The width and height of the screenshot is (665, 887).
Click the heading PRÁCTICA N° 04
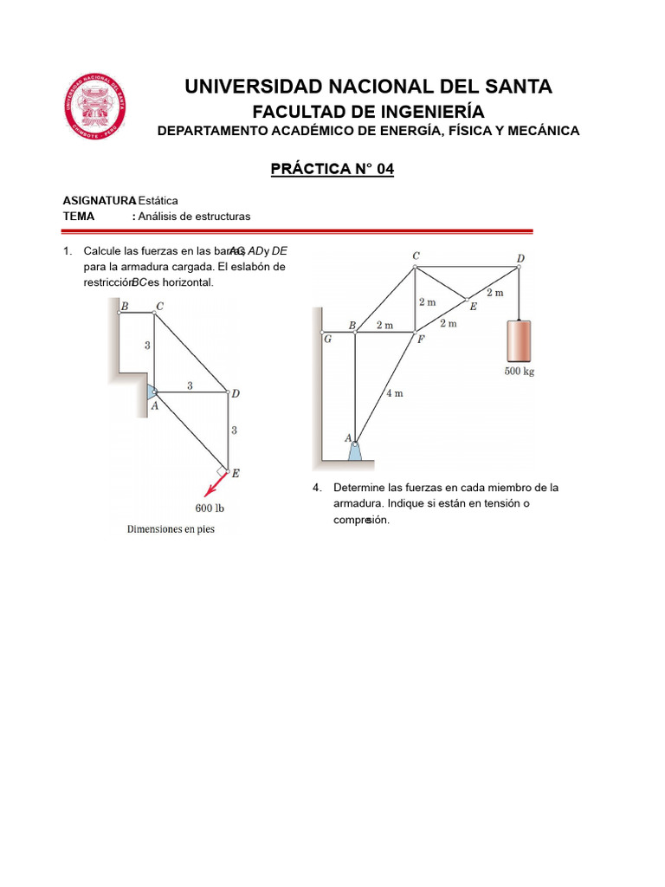click(332, 169)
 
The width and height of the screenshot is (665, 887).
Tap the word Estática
click(158, 200)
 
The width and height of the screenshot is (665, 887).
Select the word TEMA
click(79, 216)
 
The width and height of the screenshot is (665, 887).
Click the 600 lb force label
click(210, 508)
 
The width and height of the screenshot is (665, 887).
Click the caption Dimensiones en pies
click(171, 528)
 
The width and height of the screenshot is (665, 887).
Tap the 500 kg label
click(519, 373)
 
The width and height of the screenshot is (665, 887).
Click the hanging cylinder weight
click(518, 340)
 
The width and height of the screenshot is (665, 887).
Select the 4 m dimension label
click(395, 393)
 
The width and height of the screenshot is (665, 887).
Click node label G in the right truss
click(327, 339)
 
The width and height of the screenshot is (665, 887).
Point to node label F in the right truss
click(422, 339)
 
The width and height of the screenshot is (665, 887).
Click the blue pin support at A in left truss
click(151, 392)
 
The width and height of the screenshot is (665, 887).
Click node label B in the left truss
click(125, 306)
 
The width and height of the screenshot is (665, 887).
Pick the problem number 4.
click(317, 488)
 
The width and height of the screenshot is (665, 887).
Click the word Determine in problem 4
click(359, 488)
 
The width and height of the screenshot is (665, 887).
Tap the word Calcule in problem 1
click(102, 251)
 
